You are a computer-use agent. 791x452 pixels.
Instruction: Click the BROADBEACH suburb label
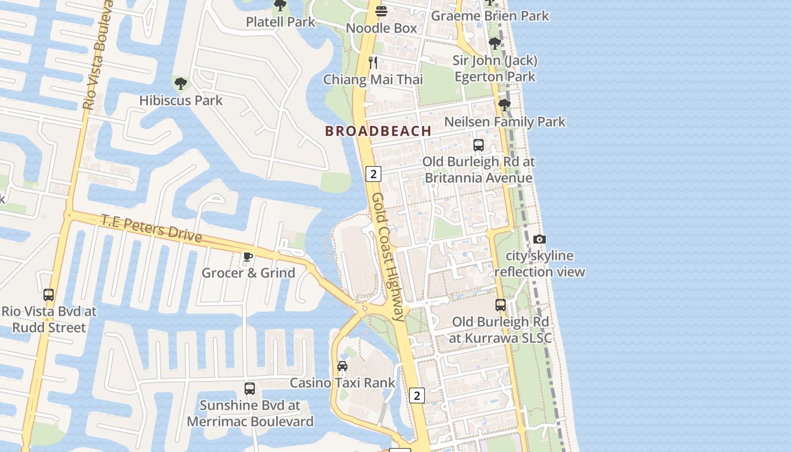378,131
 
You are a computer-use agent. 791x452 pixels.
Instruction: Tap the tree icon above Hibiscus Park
181,84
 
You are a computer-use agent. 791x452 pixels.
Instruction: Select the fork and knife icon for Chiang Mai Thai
373,62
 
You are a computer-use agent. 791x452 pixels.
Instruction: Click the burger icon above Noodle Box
381,11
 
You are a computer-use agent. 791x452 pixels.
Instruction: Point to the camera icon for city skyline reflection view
540,239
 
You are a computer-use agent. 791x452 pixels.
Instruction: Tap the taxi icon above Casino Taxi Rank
342,366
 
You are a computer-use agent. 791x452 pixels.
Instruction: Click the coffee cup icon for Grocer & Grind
247,257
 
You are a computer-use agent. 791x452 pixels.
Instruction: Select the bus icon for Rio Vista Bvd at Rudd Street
49,294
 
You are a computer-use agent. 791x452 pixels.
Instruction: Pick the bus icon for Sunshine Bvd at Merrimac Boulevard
250,389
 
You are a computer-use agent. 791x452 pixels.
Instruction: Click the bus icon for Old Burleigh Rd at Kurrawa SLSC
501,305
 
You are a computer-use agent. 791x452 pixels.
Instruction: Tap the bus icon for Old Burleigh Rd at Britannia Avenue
479,145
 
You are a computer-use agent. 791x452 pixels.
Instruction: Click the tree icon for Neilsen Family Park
504,105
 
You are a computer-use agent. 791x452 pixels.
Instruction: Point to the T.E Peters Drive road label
151,228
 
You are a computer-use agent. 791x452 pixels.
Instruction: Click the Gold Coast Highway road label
389,257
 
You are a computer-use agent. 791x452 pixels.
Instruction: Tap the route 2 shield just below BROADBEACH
373,173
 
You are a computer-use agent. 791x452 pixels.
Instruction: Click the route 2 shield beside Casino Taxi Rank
417,395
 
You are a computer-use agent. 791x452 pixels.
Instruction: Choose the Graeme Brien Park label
490,16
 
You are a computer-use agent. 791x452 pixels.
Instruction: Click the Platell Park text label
280,22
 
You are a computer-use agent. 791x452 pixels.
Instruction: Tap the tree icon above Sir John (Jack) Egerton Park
495,44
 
